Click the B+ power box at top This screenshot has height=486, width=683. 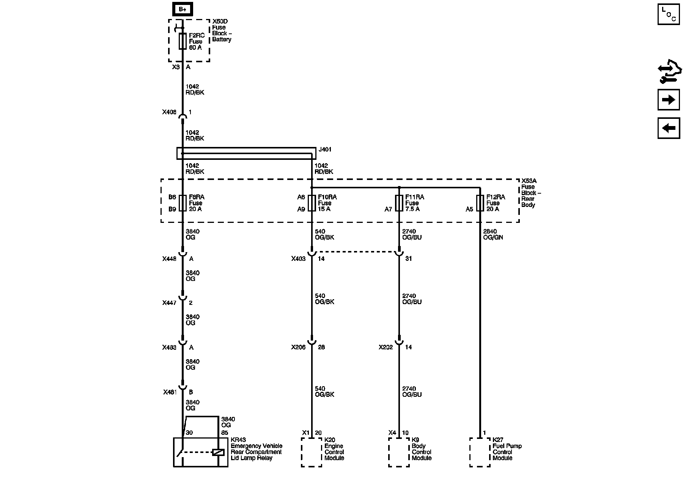click(x=183, y=9)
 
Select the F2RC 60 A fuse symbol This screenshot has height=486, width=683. click(x=183, y=41)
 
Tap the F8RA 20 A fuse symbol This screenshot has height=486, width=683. click(x=183, y=203)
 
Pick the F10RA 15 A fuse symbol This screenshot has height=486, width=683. click(x=312, y=203)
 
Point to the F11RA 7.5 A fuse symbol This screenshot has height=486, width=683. click(x=399, y=203)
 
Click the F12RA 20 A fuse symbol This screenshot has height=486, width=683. click(x=480, y=203)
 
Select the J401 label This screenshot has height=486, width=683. click(x=325, y=150)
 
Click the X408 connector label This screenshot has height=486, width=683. click(x=169, y=112)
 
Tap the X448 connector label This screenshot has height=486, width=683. click(x=169, y=259)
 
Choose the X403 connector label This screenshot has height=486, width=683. click(x=298, y=259)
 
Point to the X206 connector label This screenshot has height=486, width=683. click(x=298, y=347)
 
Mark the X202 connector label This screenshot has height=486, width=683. click(x=386, y=347)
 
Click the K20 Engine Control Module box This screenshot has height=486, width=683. click(x=312, y=452)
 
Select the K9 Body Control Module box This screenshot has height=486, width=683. click(x=399, y=452)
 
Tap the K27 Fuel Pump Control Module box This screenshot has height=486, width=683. click(x=480, y=452)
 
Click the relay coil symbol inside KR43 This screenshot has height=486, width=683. click(x=218, y=452)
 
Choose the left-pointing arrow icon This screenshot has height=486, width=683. click(x=669, y=128)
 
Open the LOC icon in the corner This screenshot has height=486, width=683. click(x=669, y=14)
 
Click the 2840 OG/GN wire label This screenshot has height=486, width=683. click(x=493, y=235)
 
